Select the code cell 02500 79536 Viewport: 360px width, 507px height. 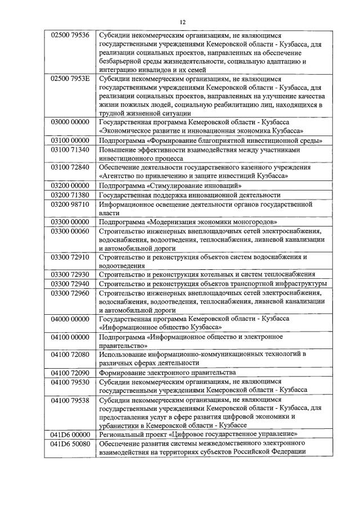click(70, 34)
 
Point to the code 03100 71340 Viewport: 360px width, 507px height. click(70, 151)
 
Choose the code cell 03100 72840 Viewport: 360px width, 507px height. click(70, 168)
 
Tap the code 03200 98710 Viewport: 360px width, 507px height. click(70, 204)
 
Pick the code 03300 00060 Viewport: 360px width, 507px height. click(70, 231)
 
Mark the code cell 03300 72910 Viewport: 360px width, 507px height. click(70, 257)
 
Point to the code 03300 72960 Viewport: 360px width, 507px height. click(70, 293)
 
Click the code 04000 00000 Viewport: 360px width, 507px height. click(70, 319)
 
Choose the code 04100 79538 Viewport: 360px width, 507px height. click(70, 400)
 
